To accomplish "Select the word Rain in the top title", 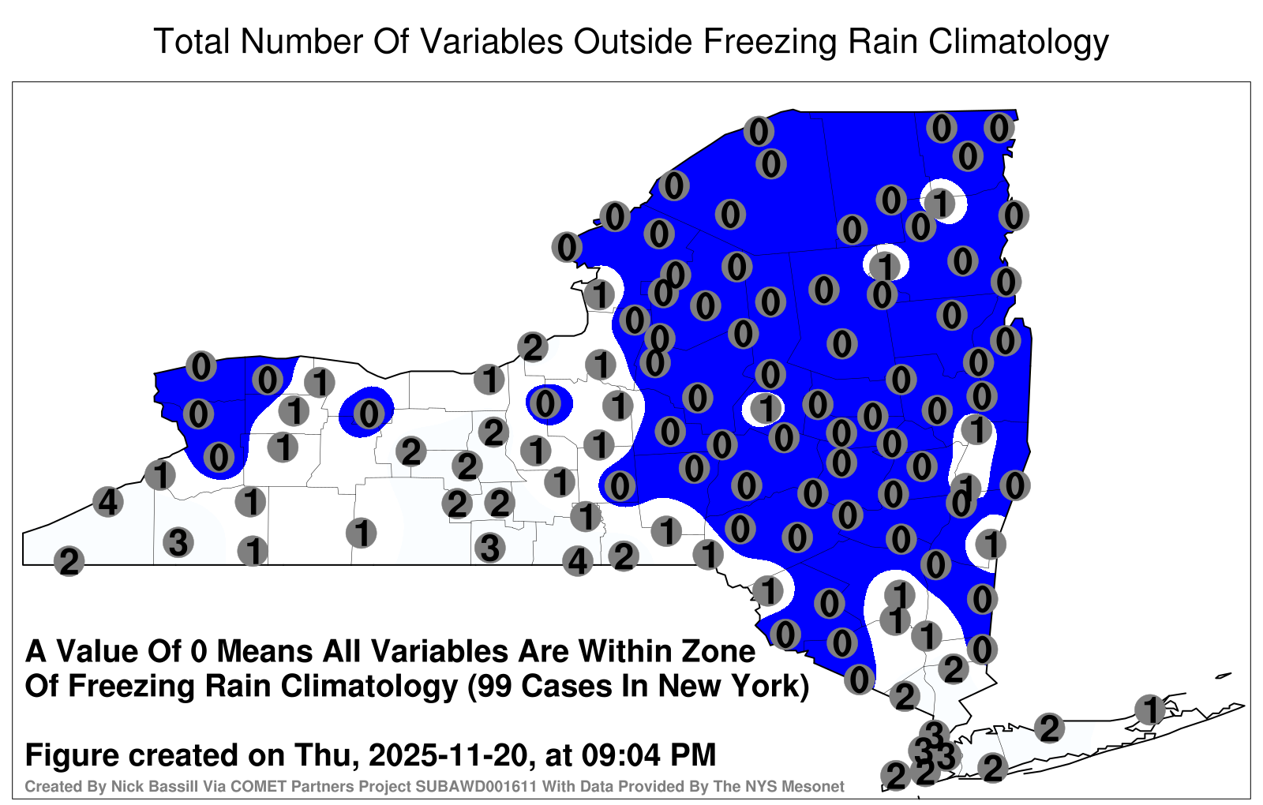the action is click(x=883, y=41).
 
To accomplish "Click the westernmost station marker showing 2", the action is click(x=69, y=561).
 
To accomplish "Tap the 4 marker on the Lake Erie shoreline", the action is click(x=107, y=501).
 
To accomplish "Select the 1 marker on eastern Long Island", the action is click(x=1149, y=710).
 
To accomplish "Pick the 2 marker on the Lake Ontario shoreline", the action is click(x=533, y=346).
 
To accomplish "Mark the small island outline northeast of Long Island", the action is click(x=1224, y=676).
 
